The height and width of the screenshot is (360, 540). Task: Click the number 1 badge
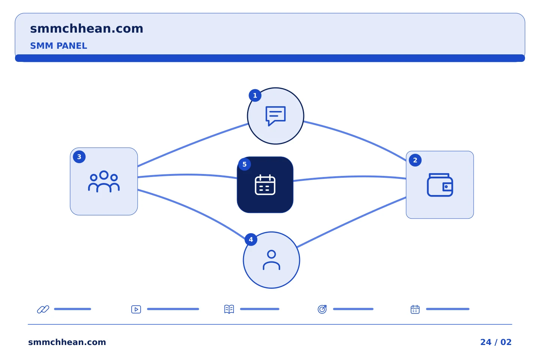point(255,96)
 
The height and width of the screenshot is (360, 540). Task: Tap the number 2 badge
point(415,160)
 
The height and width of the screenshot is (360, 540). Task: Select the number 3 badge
point(79,157)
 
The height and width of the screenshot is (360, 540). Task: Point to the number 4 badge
point(251,239)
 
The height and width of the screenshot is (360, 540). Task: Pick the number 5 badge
point(244,164)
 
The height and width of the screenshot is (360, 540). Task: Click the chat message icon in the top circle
point(276,116)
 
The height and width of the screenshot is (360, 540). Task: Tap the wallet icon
point(440,185)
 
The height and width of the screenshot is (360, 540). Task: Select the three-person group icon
point(103,181)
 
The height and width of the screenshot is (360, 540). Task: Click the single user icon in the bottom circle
point(271,260)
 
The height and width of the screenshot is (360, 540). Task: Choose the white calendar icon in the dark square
point(265,185)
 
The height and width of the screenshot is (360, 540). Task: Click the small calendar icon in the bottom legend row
point(415,309)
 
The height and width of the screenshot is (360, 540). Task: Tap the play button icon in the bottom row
point(136,309)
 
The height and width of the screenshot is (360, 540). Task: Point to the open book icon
point(229,309)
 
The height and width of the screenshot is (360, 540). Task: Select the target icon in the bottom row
point(322,309)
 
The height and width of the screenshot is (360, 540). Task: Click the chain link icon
point(43,309)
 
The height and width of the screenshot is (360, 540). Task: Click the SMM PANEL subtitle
point(58,46)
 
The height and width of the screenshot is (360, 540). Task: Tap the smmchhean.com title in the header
point(87,28)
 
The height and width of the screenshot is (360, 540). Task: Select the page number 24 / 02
point(496,342)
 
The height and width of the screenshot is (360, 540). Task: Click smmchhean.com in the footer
point(67,342)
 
